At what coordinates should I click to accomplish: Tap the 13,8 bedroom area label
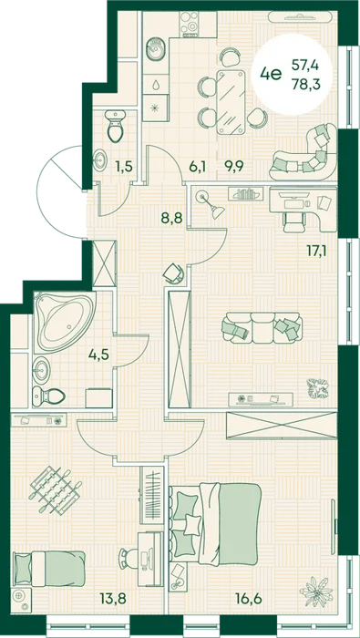[112, 598]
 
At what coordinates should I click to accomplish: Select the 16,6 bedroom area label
[249, 598]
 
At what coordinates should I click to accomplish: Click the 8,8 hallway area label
[171, 218]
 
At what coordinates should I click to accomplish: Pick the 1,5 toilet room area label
[126, 166]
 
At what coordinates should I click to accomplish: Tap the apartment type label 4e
[272, 75]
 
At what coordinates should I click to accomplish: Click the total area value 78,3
[305, 85]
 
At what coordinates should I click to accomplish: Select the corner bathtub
[65, 322]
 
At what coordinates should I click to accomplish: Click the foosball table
[55, 490]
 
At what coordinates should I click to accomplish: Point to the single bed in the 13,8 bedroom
[49, 568]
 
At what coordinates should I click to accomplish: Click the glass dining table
[231, 102]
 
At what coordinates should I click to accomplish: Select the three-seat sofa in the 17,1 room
[262, 327]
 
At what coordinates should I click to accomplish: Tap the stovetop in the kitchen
[190, 24]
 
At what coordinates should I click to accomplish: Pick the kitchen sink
[155, 50]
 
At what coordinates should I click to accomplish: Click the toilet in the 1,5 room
[115, 125]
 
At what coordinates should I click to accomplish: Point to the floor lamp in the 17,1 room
[211, 205]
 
